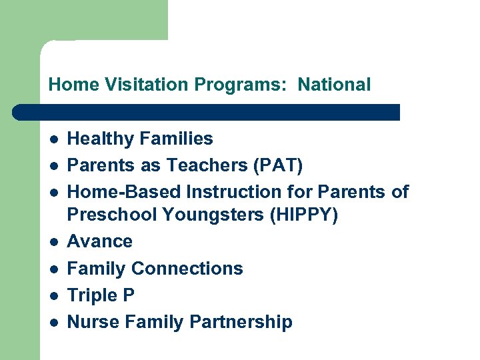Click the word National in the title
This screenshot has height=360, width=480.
(x=334, y=85)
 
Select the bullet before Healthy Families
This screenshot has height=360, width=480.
(x=53, y=139)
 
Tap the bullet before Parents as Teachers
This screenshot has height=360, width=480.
(x=53, y=166)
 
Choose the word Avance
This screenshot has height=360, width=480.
(x=100, y=241)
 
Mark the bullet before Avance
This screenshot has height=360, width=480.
(x=53, y=241)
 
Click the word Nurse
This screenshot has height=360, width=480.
(x=91, y=322)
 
